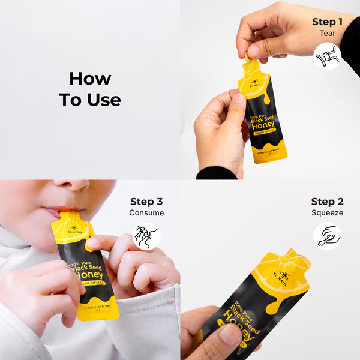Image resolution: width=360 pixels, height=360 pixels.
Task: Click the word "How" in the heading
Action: [90, 79]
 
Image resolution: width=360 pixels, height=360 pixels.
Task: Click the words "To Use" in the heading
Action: [90, 100]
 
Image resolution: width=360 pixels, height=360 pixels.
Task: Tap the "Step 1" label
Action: [327, 22]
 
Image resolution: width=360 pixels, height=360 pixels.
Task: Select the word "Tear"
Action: [327, 34]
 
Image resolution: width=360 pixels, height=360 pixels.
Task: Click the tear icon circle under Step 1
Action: [327, 56]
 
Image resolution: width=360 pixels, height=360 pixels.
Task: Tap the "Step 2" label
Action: [326, 202]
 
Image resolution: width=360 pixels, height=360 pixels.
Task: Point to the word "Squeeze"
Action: [326, 213]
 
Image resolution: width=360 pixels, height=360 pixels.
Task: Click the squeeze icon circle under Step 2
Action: [327, 236]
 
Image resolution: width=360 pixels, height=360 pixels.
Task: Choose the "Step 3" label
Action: [146, 202]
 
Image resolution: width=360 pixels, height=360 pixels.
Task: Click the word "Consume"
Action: [146, 213]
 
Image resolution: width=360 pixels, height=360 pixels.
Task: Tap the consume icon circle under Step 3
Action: [146, 236]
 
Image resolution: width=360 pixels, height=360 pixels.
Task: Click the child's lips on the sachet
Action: [53, 212]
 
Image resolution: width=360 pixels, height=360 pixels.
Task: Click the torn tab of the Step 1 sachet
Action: [247, 58]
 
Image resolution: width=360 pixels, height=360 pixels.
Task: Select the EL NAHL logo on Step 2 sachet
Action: [284, 278]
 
